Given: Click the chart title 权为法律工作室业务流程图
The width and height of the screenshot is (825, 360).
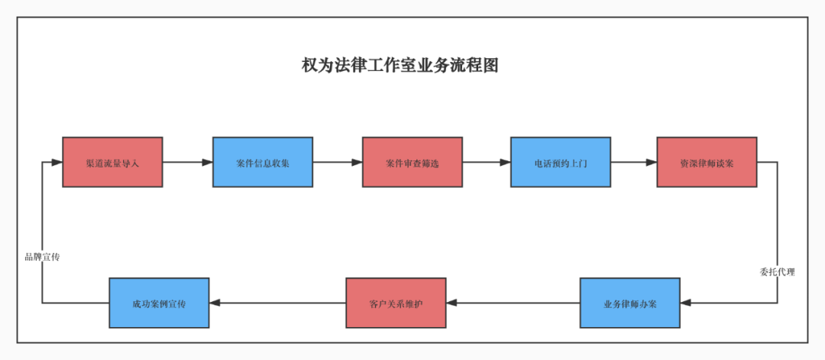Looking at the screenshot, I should (x=400, y=66).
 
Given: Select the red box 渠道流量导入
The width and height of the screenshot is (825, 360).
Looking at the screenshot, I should (x=112, y=162).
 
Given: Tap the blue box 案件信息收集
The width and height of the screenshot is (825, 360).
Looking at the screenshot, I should (x=262, y=162).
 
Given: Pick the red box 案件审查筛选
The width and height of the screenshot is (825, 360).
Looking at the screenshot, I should (x=412, y=162).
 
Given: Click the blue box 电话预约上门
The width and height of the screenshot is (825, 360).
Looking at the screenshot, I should (x=561, y=162).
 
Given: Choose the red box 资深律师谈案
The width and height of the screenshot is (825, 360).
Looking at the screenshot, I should (x=707, y=162).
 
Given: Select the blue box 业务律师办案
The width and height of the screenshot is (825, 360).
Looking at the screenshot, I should (x=629, y=303).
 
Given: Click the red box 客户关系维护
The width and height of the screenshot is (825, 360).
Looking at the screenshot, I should (x=396, y=303).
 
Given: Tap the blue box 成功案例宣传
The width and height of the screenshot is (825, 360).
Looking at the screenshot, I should (x=159, y=303).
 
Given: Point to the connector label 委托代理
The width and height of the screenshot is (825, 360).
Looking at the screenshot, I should (x=777, y=271).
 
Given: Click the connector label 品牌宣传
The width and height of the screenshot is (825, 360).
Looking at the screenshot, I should (x=42, y=257).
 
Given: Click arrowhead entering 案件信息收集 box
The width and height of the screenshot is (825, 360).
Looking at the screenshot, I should (x=207, y=162).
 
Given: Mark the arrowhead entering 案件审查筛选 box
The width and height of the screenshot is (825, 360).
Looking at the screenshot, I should (x=357, y=162).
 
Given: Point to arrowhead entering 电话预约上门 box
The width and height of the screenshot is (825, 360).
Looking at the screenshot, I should (x=505, y=162).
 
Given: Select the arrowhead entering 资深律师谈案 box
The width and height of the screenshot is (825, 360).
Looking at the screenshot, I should (x=651, y=162).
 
